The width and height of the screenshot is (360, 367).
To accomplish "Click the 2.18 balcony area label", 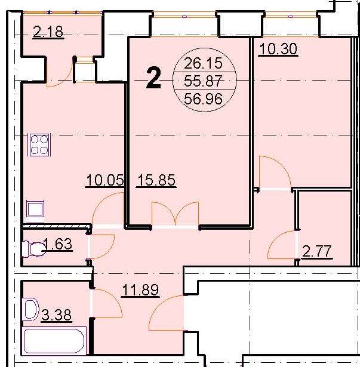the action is tap(48, 32).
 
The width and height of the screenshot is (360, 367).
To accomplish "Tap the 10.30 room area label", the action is tap(278, 50).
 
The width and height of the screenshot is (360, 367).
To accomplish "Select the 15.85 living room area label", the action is tap(156, 180).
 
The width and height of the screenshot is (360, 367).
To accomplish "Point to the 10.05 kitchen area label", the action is tap(104, 180).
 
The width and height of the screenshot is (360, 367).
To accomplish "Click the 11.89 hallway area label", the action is tap(140, 290).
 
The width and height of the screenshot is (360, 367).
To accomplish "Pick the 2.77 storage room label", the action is tap(316, 251).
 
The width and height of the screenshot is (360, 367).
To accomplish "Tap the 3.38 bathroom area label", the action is tap(57, 315).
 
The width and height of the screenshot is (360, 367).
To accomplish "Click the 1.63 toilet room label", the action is tap(58, 243).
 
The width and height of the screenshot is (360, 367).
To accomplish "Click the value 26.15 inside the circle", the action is tap(203, 63).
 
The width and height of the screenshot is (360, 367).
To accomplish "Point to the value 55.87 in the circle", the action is tap(203, 81).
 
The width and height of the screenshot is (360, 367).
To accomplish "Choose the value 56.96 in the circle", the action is tap(203, 99).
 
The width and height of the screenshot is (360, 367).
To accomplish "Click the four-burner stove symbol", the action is tap(39, 144).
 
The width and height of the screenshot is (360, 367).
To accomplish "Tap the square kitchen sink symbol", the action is tap(35, 209).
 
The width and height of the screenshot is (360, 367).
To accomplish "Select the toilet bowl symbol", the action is tap(33, 249).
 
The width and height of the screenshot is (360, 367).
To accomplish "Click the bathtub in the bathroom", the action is tap(54, 341).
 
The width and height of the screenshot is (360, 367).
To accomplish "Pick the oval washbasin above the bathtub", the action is tap(32, 309).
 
